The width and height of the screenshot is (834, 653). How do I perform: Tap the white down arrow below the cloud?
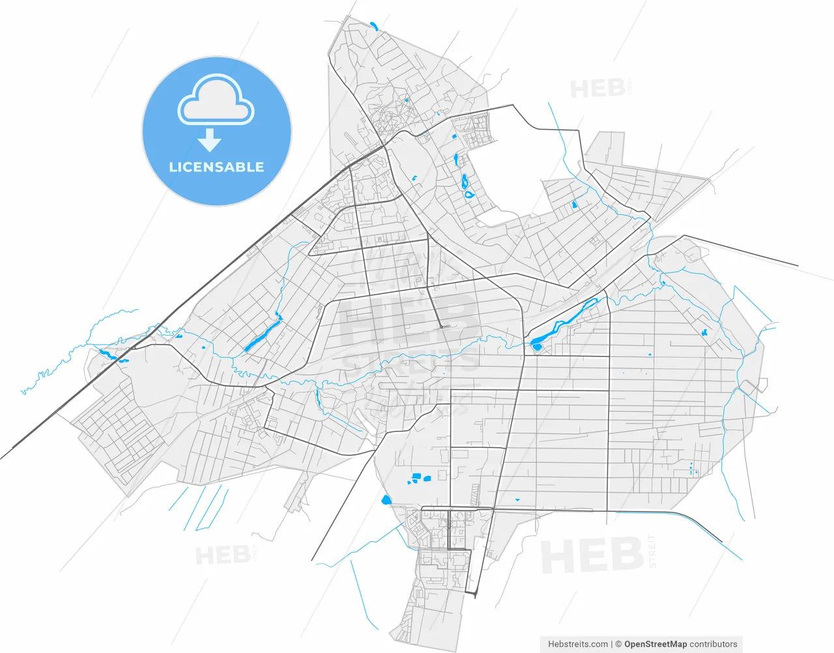(x=210, y=139)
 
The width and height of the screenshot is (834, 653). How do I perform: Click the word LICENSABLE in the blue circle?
(x=216, y=167)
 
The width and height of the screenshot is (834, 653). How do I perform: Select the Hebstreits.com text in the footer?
(x=578, y=644)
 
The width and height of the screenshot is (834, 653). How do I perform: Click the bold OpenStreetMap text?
(x=655, y=644)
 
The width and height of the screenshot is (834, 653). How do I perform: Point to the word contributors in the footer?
(x=714, y=644)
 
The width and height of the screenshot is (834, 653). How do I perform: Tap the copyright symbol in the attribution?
(x=619, y=644)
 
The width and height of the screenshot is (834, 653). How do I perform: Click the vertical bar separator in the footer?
(x=611, y=644)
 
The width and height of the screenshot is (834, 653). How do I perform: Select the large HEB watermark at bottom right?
(x=592, y=556)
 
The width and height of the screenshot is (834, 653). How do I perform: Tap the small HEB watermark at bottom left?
(x=222, y=556)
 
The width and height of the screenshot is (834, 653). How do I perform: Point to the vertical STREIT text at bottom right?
(x=653, y=551)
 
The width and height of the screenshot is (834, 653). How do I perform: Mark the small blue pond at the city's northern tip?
(x=374, y=27)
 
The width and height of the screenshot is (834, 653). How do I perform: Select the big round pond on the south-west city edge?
(x=386, y=501)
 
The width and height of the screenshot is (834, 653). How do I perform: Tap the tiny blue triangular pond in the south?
(x=517, y=500)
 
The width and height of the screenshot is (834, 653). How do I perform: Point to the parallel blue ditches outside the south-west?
(x=199, y=508)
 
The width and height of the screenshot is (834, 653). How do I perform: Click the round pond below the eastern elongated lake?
(x=536, y=346)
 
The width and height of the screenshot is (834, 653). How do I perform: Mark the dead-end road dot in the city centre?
(x=441, y=326)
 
